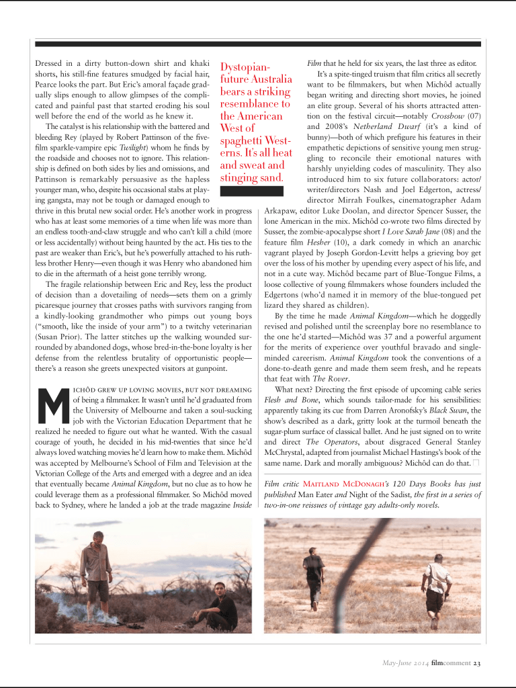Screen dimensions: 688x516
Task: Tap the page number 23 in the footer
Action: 476,664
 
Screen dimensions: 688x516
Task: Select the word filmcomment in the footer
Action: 451,664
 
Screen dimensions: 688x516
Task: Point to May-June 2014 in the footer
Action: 401,664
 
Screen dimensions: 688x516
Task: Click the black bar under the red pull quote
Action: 252,190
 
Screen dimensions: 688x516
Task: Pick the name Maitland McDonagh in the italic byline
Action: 339,484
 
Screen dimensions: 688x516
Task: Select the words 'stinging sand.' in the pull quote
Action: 251,177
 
